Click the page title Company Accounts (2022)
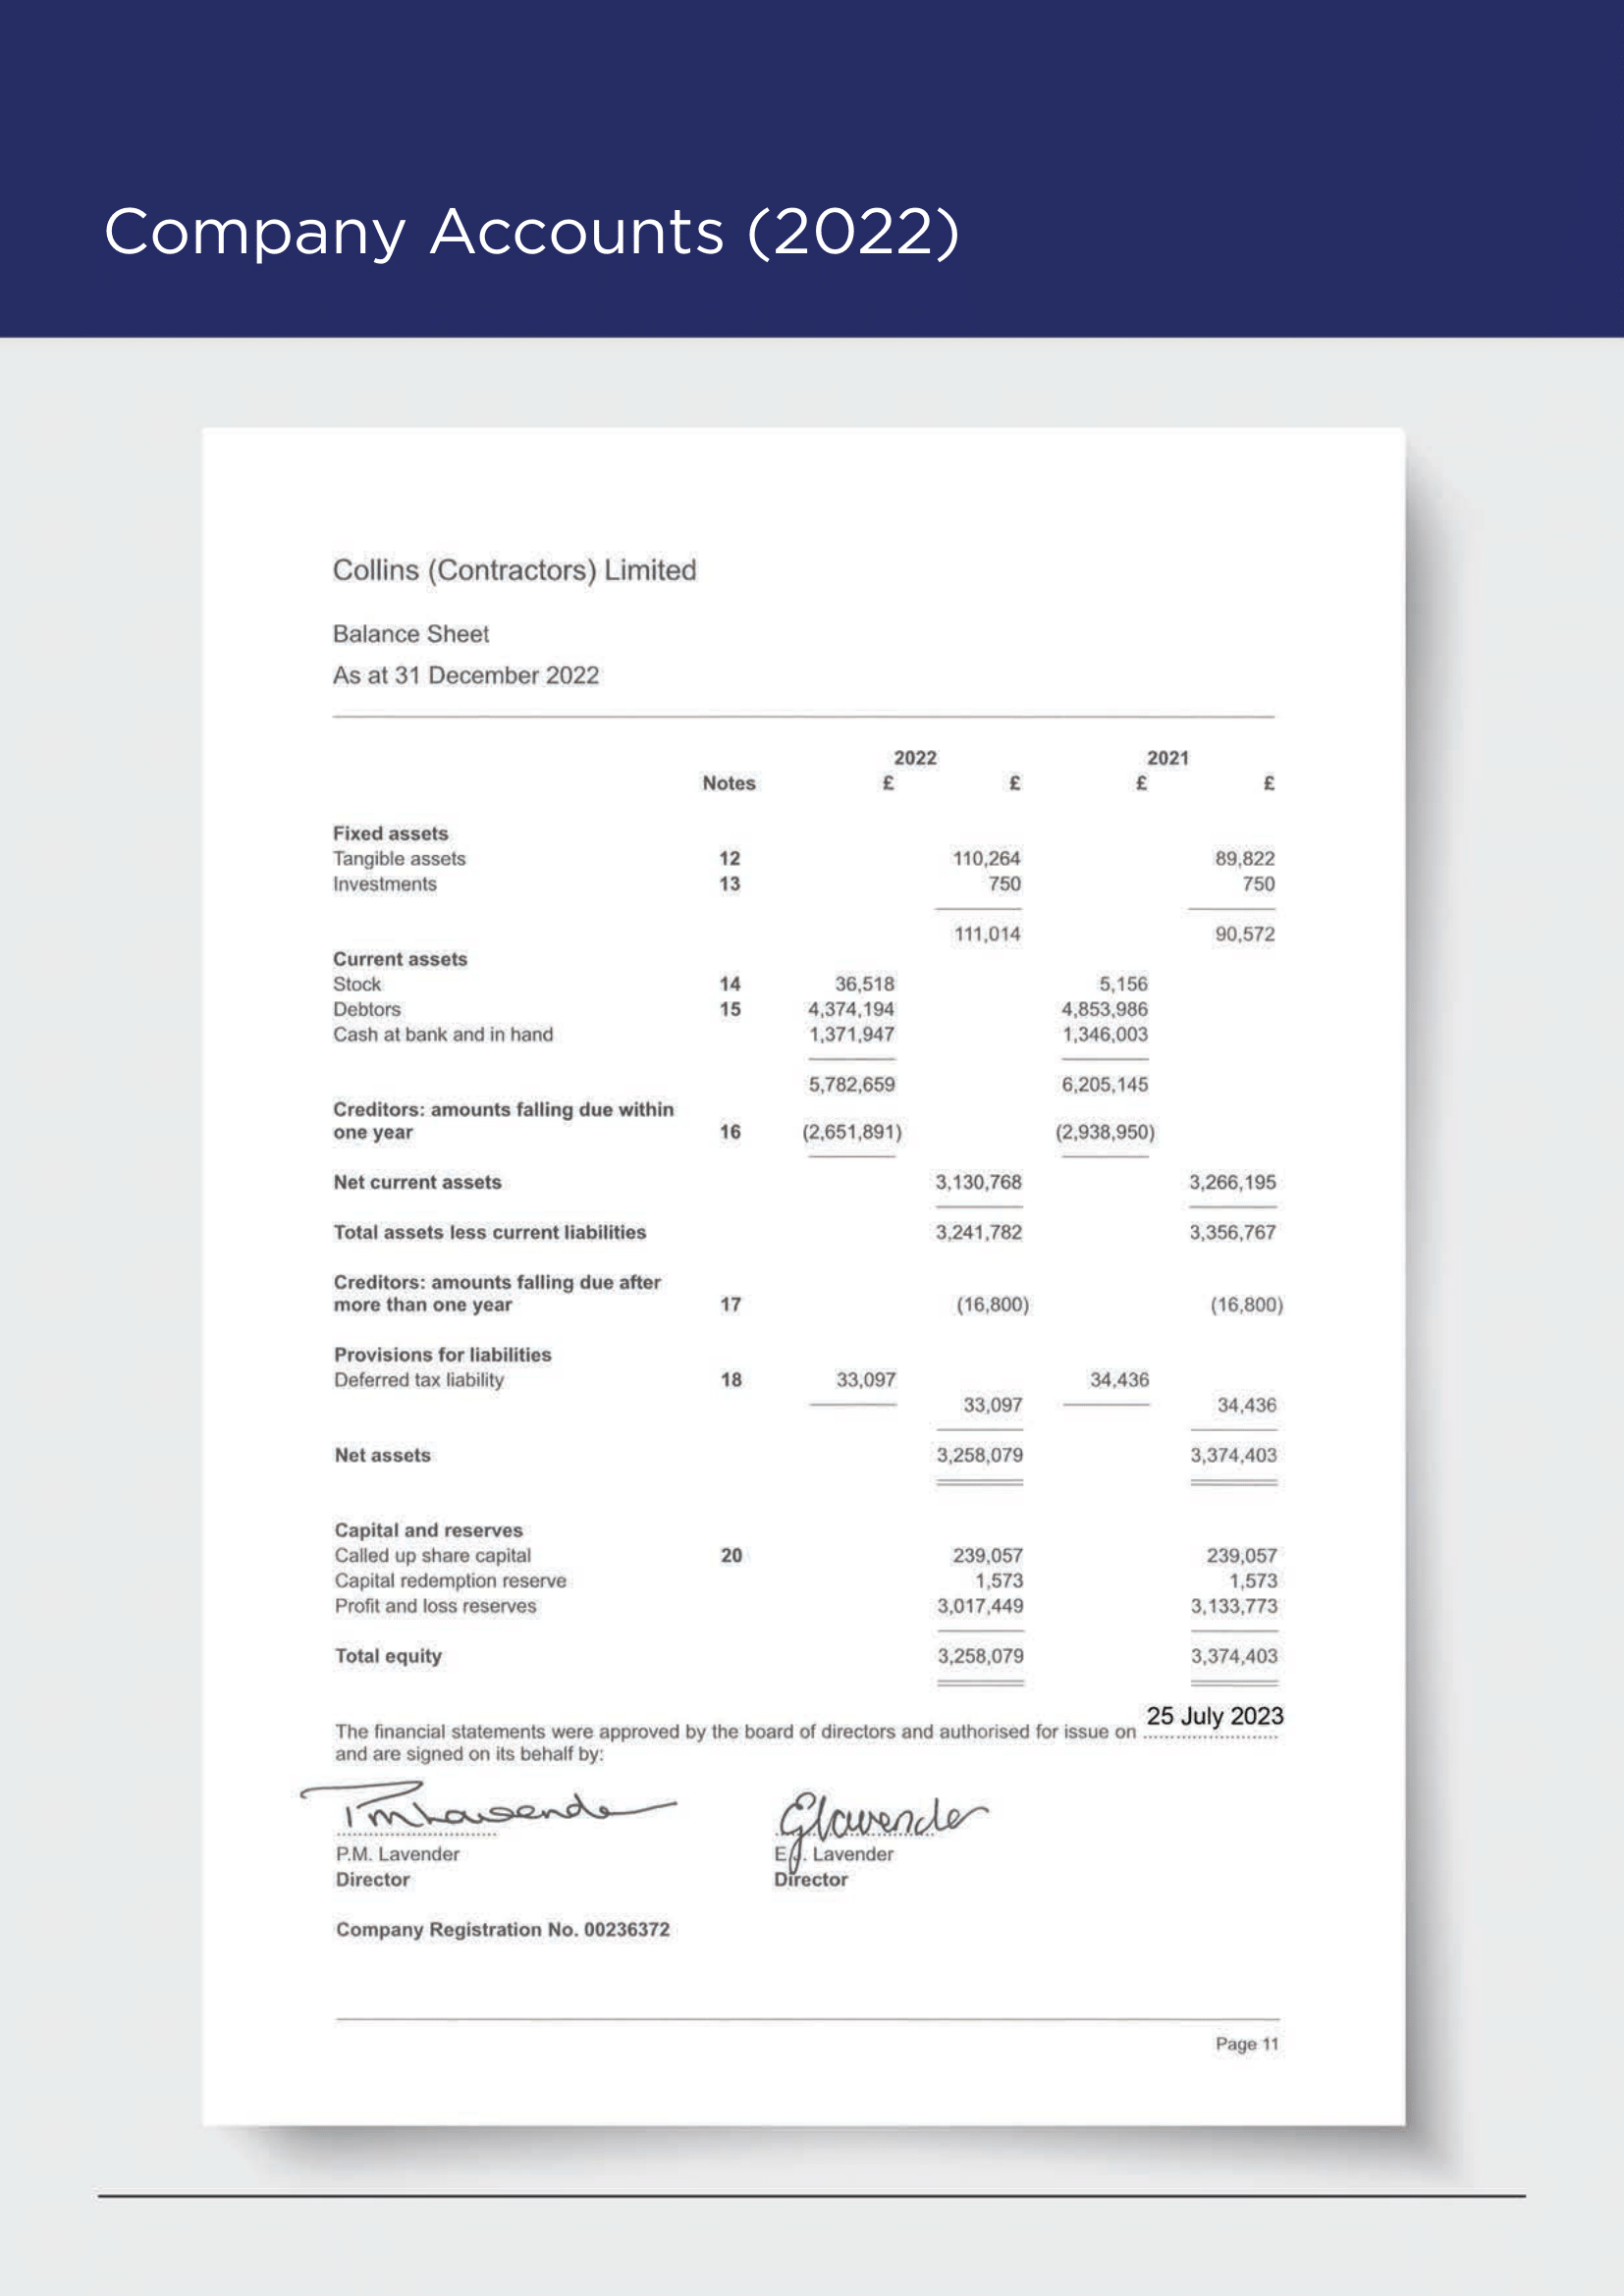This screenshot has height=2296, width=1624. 531,232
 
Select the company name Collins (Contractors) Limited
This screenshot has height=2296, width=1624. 514,570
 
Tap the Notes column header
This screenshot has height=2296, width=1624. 728,783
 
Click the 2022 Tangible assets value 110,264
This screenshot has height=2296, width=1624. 986,858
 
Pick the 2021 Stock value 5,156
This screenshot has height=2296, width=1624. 1123,984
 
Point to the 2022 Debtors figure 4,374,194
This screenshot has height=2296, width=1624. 851,1009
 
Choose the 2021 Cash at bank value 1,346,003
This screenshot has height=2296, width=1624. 1104,1034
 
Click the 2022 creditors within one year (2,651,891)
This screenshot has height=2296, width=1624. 851,1132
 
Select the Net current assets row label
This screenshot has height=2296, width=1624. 417,1182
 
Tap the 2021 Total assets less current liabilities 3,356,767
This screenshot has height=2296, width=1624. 1232,1232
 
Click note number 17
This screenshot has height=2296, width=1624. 730,1304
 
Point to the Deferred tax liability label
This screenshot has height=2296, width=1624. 419,1380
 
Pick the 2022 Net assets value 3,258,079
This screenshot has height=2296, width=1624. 979,1455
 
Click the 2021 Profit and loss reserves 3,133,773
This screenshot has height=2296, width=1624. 1233,1606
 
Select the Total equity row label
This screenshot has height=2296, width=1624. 388,1656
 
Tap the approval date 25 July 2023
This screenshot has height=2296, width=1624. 1214,1716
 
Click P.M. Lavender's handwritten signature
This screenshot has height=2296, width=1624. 480,1809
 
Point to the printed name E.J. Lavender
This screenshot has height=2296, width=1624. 835,1854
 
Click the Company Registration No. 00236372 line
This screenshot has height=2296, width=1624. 502,1929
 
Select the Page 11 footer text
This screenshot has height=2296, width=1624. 1246,2044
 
